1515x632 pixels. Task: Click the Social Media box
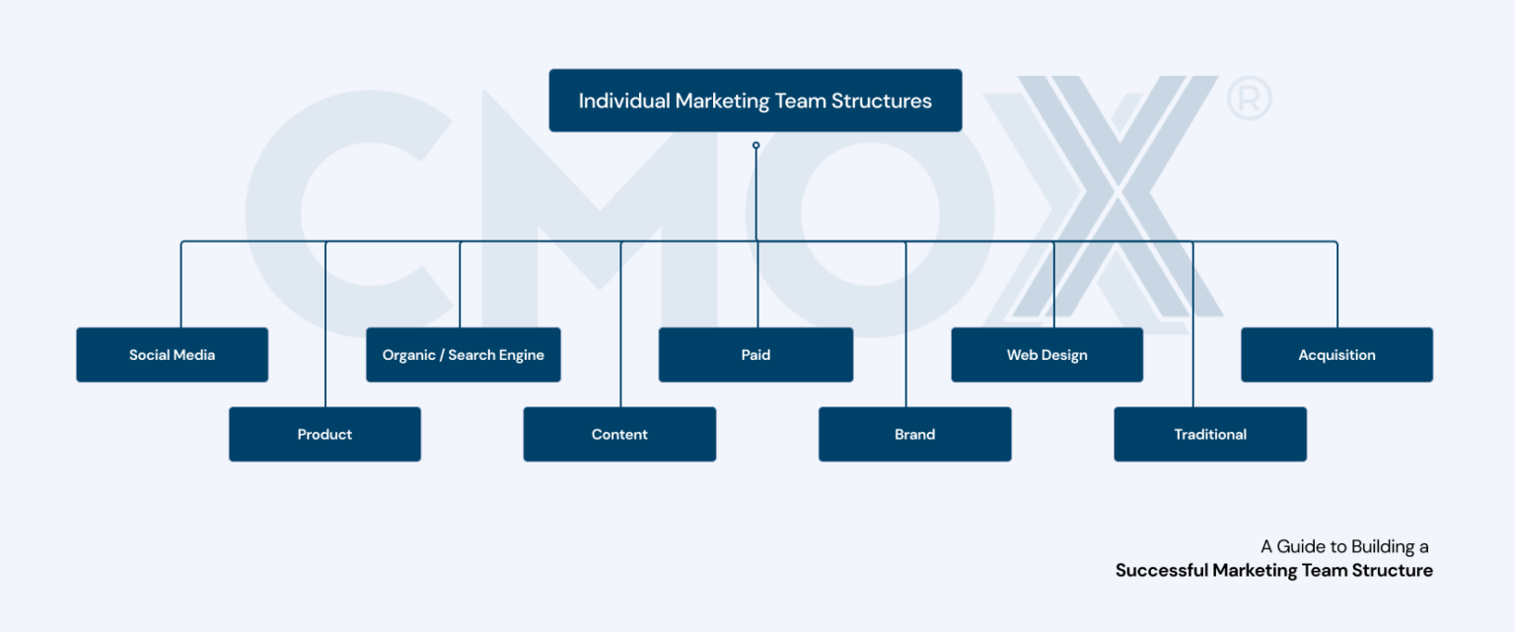coord(172,355)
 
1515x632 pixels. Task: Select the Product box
coord(325,434)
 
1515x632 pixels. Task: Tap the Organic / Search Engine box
coord(463,355)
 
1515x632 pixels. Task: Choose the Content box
coord(619,434)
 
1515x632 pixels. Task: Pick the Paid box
coord(756,355)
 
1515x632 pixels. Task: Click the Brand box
coord(914,434)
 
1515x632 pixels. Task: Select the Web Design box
coord(1046,355)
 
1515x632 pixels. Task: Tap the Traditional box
coord(1209,434)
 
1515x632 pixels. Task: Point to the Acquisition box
coord(1336,355)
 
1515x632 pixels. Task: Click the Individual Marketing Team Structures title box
coord(755,101)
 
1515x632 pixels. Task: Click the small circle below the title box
coord(756,145)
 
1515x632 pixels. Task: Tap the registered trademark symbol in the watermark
coord(1249,100)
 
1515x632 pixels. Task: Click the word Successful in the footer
coord(1162,571)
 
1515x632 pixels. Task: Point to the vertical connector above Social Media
coord(180,286)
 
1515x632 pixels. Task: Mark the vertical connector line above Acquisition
coord(1337,286)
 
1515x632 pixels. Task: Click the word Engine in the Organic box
coord(521,355)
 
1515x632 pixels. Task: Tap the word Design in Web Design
coord(1066,355)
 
